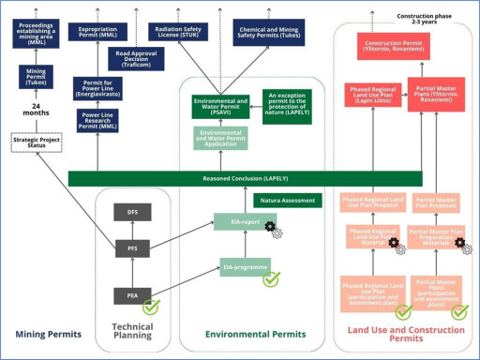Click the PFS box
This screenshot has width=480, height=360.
tap(132, 247)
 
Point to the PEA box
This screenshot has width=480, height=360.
tap(132, 295)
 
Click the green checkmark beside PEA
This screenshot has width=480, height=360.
tap(151, 305)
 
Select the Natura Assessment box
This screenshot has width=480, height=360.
tap(285, 200)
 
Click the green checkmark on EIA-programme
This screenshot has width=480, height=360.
tap(271, 277)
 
